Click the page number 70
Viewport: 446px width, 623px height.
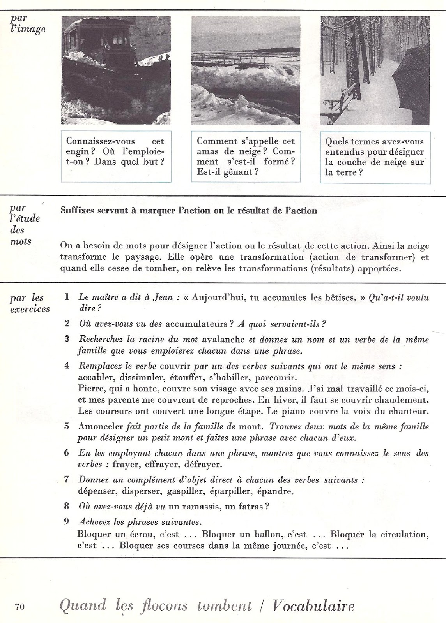[20, 607]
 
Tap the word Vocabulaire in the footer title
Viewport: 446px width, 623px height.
[314, 606]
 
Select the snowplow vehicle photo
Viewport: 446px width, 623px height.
[116, 70]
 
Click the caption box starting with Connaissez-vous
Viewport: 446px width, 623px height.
[116, 157]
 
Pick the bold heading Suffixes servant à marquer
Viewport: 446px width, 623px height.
[189, 211]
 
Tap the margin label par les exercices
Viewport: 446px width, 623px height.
[30, 303]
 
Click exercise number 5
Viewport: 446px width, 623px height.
[67, 426]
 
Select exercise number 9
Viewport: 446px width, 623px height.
[67, 521]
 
